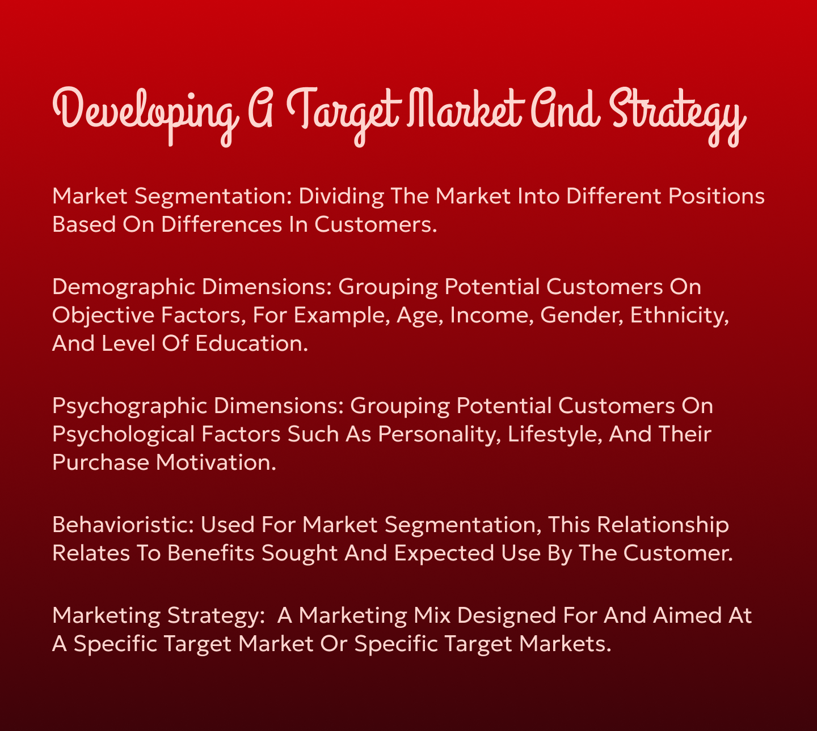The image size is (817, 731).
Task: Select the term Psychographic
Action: click(129, 406)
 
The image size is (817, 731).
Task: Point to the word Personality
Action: click(439, 434)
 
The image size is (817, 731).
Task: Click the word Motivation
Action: click(216, 462)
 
